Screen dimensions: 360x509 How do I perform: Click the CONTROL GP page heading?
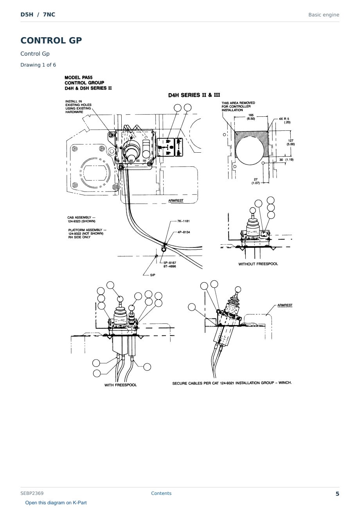coord(51,40)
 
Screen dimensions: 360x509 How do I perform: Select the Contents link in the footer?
coord(161,493)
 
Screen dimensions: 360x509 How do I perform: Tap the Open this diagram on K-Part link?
coord(56,503)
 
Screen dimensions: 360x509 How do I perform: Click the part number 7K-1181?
coord(183,221)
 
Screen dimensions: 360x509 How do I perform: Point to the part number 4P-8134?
coord(184,232)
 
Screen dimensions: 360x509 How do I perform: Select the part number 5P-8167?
coord(170,263)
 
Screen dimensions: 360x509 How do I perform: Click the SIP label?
coord(153,275)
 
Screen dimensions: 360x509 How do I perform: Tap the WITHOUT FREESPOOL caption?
coord(258,264)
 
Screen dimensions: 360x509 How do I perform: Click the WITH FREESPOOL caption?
coord(121,385)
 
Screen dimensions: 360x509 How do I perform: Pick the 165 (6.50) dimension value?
coord(251,117)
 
